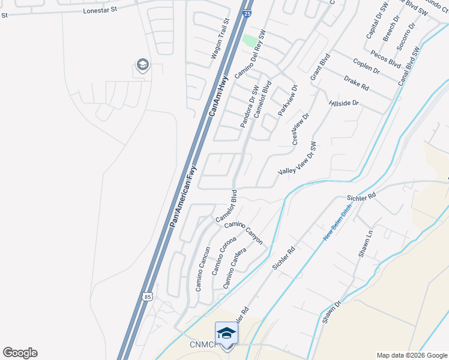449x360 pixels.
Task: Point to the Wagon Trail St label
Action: coord(220,38)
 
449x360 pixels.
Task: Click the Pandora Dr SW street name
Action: coord(249,107)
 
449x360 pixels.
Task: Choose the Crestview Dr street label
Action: coord(300,128)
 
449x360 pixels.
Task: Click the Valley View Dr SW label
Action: coord(297,158)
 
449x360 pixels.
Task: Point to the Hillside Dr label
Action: coord(344,103)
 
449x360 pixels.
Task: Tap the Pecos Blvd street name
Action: coord(385,58)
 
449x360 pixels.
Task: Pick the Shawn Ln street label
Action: coord(366,244)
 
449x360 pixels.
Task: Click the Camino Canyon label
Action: coord(244,232)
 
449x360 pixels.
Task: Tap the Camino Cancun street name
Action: coord(203,269)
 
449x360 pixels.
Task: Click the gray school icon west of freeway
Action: coord(142,65)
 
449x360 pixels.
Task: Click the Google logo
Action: coord(20,353)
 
